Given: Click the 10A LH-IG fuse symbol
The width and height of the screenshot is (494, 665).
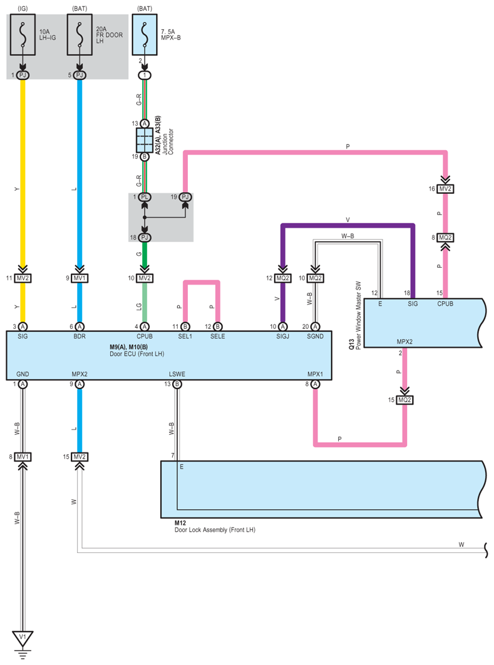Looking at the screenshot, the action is tap(23, 35).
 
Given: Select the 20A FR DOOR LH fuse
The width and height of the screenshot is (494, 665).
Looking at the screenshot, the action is tap(80, 35).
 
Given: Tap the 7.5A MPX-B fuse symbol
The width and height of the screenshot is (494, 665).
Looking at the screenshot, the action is tap(145, 35).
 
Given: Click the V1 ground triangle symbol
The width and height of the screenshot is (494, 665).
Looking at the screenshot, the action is tap(23, 638).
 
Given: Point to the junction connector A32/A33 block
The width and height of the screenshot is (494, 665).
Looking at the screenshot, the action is tap(144, 140).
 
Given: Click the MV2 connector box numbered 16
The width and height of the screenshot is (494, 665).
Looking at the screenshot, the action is tap(445, 189).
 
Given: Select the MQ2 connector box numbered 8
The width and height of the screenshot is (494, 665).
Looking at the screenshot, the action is tap(445, 238).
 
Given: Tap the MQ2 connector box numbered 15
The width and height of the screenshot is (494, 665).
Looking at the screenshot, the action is tap(404, 400).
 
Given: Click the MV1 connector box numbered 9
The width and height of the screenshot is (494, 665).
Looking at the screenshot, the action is tap(80, 278).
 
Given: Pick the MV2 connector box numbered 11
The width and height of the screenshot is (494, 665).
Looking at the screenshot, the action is tap(23, 278).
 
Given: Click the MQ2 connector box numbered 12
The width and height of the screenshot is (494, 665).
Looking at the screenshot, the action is tap(282, 278).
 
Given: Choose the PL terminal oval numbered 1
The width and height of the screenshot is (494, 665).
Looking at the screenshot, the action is tap(145, 197).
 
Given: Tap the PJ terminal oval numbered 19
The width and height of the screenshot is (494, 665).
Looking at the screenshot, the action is tap(185, 197).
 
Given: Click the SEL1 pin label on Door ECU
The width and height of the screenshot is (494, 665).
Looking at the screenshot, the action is tap(185, 337).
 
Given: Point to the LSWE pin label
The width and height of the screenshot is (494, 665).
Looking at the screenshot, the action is tap(177, 374).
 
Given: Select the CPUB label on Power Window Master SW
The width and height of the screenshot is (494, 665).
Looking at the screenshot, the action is tap(445, 303).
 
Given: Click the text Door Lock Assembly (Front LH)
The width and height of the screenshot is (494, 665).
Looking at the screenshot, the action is tap(215, 530).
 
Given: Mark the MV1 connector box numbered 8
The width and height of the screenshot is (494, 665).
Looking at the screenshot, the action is tap(23, 457).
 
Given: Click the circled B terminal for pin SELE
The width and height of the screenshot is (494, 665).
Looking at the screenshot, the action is tap(218, 327).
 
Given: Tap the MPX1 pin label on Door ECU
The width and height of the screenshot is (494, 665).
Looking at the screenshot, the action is tap(315, 374).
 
